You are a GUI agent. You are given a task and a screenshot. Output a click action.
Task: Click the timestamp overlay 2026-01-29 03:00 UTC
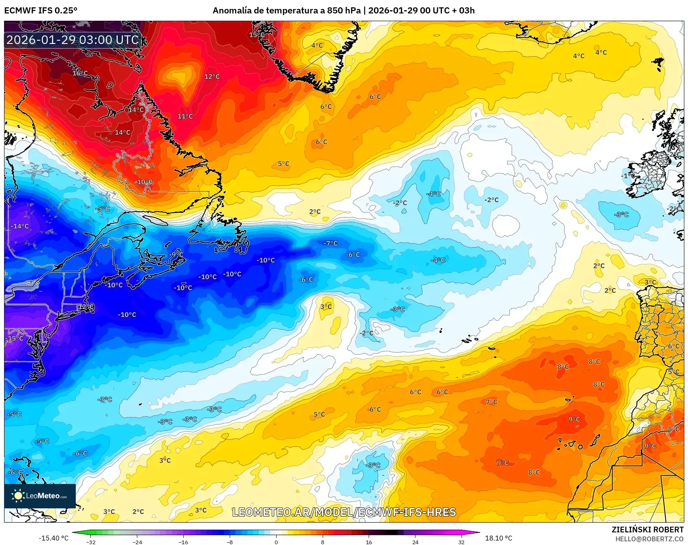tap(73, 40)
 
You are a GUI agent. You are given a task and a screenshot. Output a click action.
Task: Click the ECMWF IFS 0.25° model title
tap(41, 11)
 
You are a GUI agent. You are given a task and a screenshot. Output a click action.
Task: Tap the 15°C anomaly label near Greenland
tap(257, 35)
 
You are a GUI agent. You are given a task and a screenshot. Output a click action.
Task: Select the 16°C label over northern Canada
tap(80, 73)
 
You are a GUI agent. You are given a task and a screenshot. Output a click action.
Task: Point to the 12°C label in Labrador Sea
tap(212, 77)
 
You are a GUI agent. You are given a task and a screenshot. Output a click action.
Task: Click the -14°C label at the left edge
tap(20, 226)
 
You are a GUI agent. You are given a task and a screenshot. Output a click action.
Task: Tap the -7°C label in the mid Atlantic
tap(330, 243)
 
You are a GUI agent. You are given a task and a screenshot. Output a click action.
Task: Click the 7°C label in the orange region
tap(491, 402)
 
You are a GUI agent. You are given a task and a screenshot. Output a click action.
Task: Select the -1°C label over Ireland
tap(629, 176)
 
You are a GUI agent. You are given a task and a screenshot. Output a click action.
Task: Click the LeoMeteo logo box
tap(40, 496)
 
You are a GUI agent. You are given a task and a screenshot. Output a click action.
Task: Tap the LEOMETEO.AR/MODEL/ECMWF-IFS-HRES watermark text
tap(344, 512)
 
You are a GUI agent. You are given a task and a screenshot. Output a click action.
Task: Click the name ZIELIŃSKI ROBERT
tap(647, 530)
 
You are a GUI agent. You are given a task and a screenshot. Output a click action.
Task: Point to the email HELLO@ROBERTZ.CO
tap(649, 539)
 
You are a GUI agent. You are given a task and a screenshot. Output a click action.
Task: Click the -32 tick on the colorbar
tap(91, 542)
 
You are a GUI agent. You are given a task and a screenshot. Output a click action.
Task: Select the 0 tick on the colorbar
tap(276, 542)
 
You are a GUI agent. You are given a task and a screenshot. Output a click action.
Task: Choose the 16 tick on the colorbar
tap(369, 542)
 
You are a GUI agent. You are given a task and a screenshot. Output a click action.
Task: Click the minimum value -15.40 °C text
tap(53, 538)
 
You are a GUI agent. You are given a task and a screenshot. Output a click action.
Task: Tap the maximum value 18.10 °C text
tap(498, 538)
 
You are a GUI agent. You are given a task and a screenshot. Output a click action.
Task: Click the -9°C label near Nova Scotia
tap(177, 255)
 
